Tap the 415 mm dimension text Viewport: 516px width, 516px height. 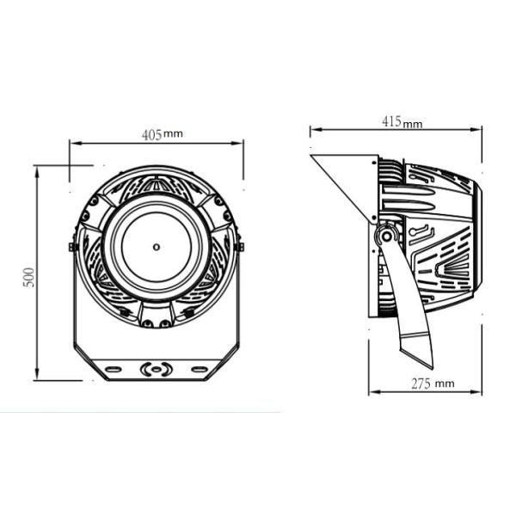click(402, 122)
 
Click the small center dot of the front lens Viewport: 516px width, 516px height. click(156, 247)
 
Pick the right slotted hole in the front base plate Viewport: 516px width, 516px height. click(200, 369)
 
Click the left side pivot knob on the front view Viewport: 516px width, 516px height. click(72, 247)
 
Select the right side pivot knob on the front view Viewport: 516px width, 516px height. click(240, 247)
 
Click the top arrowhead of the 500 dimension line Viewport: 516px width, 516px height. click(36, 169)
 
